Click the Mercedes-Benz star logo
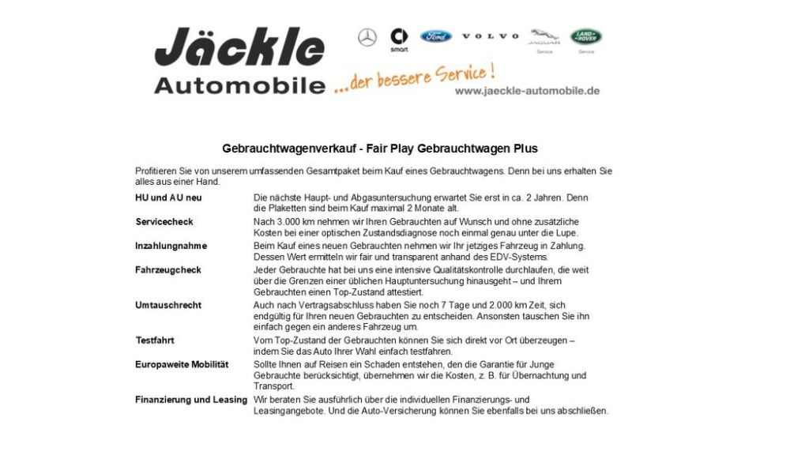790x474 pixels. point(367,37)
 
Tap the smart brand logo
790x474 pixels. point(399,37)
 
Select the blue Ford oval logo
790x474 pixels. point(435,36)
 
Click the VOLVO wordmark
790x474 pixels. point(491,36)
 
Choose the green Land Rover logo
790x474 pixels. point(586,36)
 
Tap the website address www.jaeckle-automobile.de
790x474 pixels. point(527,91)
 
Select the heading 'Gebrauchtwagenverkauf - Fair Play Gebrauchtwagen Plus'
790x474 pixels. point(380,149)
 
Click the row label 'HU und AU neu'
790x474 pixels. point(168,197)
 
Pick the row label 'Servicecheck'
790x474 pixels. point(164,222)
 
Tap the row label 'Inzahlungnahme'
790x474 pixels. point(171,246)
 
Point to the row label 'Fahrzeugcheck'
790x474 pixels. point(168,270)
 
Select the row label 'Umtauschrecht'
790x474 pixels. point(168,305)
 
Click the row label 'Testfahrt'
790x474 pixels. point(155,340)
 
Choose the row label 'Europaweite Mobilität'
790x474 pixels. point(182,364)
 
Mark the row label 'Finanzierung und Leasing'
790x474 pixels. point(191,400)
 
